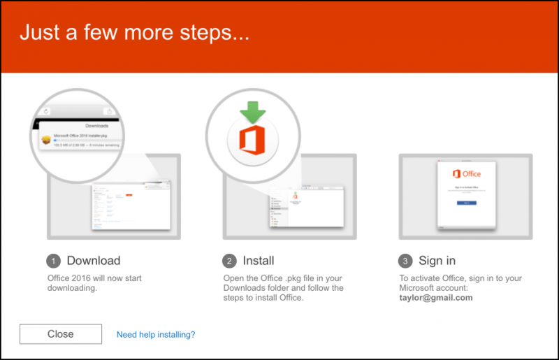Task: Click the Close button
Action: pos(61,334)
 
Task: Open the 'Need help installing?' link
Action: pos(156,335)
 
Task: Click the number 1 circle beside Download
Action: pos(53,261)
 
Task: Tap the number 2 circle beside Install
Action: pos(229,261)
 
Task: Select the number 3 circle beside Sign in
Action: pos(405,261)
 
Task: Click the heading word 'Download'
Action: pos(94,261)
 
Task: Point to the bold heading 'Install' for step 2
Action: pos(259,261)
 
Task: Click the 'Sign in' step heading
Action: pos(437,261)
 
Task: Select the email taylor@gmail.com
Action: pos(436,297)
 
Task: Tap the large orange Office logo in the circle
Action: pos(252,139)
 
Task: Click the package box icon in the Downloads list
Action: pos(45,140)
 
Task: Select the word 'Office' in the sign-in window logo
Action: pos(472,174)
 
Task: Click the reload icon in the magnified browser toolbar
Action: pos(46,111)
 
